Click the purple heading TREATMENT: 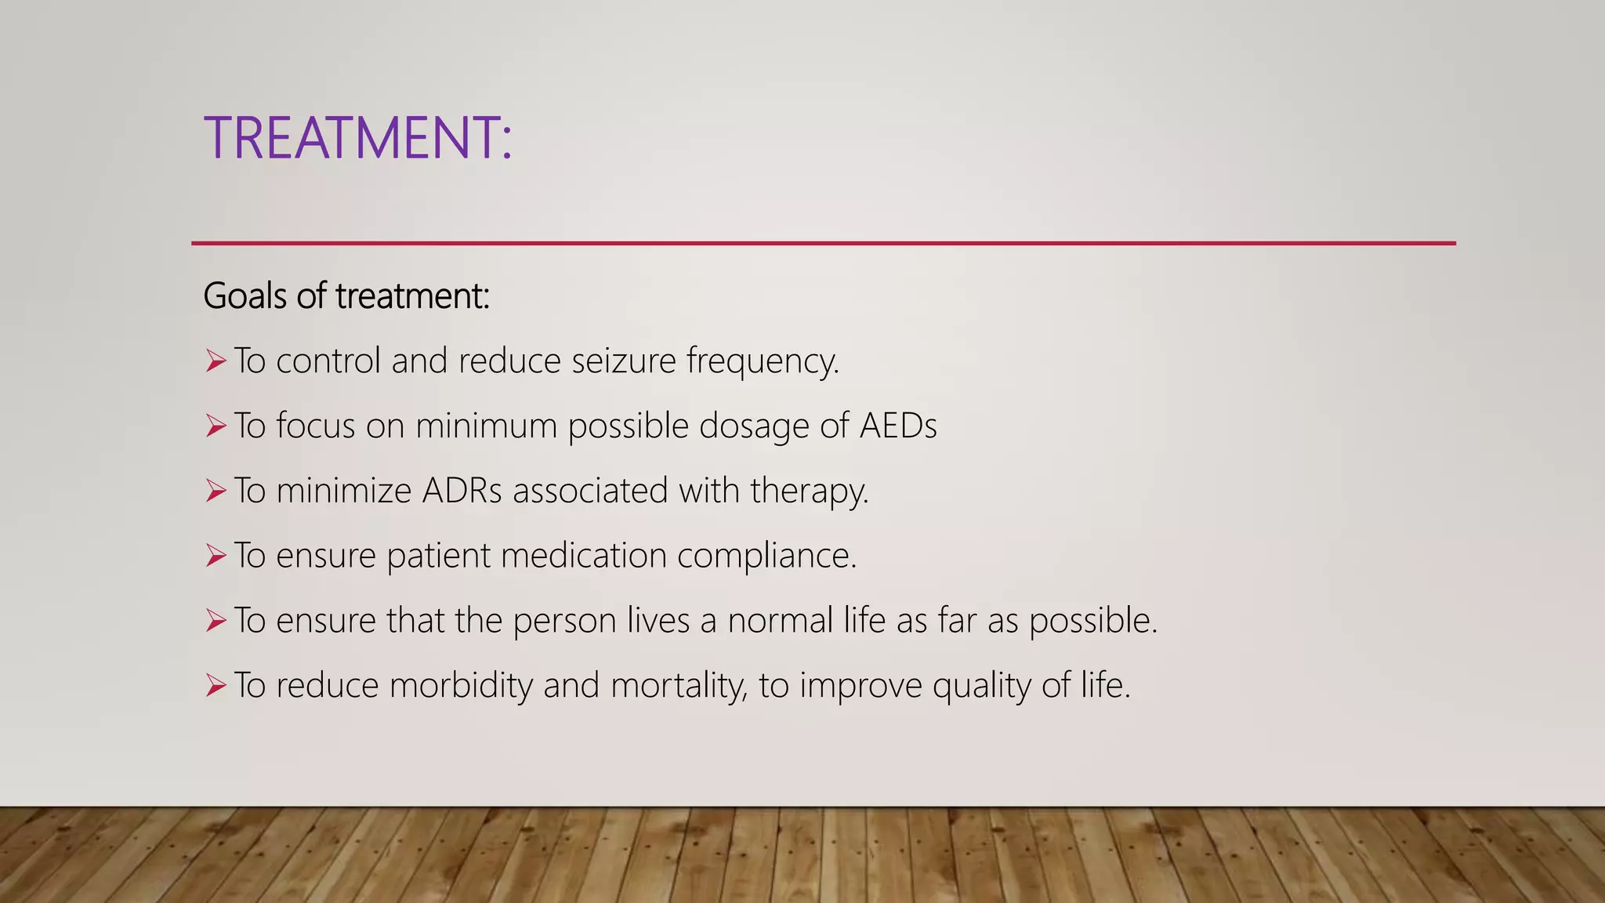pyautogui.click(x=357, y=138)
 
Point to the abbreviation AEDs pyautogui.click(x=898, y=426)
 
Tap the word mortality pyautogui.click(x=679, y=686)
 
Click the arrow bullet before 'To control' pyautogui.click(x=216, y=361)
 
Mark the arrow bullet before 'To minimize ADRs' pyautogui.click(x=216, y=491)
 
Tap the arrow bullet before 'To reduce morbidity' pyautogui.click(x=216, y=686)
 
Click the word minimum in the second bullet pyautogui.click(x=486, y=426)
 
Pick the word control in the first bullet pyautogui.click(x=328, y=361)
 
